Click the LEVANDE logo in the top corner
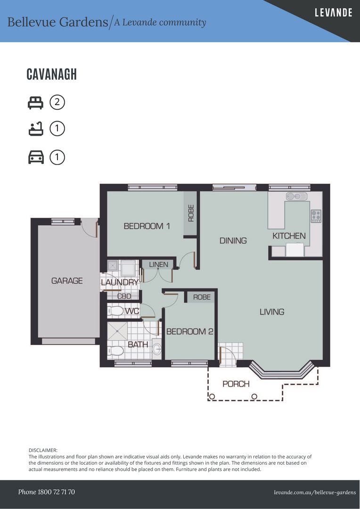pos(334,13)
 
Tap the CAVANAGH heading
pos(52,74)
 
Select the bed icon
pos(35,103)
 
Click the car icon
pos(36,157)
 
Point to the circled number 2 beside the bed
pos(57,103)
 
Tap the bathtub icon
pos(35,129)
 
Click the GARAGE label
pos(67,280)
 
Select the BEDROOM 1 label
pos(147,226)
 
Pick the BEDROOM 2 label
pos(189,331)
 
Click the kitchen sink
pos(296,197)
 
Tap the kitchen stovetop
pos(316,216)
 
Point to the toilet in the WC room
pos(115,311)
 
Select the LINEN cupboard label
pos(159,264)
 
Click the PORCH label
pos(236,384)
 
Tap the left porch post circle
pos(212,396)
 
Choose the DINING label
pos(233,240)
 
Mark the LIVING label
pos(272,312)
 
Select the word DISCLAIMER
pos(43,450)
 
